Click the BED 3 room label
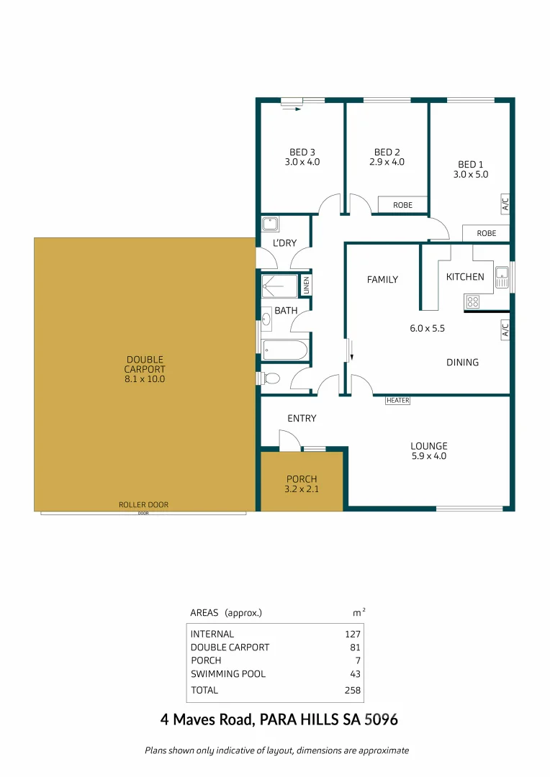tap(302, 152)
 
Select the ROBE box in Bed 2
tap(403, 205)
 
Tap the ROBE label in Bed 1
tap(486, 233)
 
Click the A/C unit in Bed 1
tap(505, 204)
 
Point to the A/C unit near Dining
tap(505, 330)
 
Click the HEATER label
tap(397, 401)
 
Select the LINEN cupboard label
tap(305, 286)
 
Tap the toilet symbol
tap(269, 378)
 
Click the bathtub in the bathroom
tap(285, 350)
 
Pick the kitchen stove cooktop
tap(473, 301)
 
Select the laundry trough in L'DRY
tap(271, 223)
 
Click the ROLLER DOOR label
tap(143, 505)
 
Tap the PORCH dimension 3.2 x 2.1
tap(302, 489)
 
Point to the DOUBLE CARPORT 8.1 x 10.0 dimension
tap(145, 378)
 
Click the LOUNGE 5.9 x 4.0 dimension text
tap(428, 455)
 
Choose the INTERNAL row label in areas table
tap(212, 634)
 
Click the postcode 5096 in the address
tap(382, 719)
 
